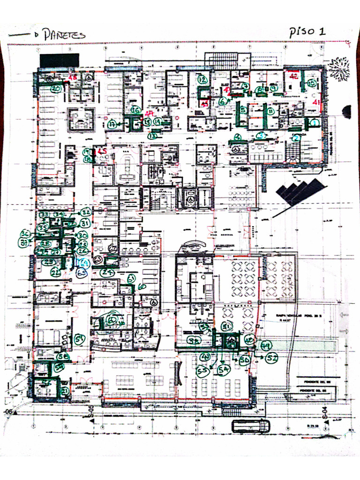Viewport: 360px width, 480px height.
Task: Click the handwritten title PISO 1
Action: (307, 32)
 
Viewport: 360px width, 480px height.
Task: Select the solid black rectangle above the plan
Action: (59, 60)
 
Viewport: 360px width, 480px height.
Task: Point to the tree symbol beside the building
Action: (338, 68)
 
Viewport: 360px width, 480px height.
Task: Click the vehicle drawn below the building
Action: (251, 426)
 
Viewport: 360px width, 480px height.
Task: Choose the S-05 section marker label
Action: (91, 413)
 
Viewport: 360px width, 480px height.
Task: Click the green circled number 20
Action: (56, 88)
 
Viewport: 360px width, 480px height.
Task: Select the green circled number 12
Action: (202, 80)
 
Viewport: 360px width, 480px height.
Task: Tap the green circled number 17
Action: (112, 125)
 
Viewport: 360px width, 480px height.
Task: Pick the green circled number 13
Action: (152, 135)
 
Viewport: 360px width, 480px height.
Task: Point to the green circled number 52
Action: (272, 359)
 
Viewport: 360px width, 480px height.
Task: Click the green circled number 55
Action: (203, 372)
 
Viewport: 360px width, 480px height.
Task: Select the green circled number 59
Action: (80, 338)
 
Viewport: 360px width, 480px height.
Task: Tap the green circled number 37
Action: (23, 242)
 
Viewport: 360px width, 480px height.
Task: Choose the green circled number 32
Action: (85, 212)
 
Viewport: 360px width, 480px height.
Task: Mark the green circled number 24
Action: (108, 272)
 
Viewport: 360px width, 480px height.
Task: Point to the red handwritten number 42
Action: (294, 76)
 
